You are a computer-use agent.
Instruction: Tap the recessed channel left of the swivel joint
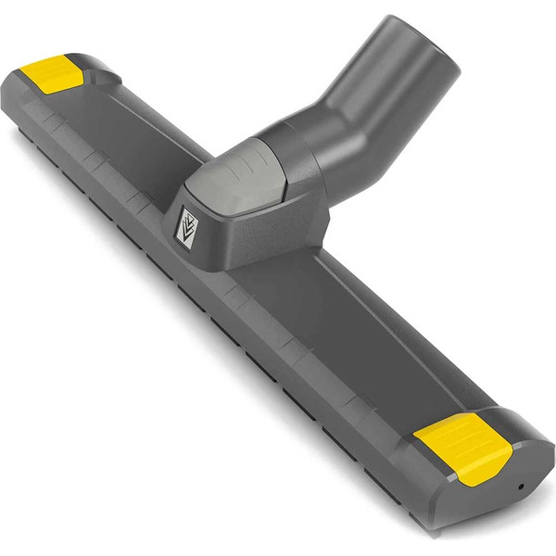coord(139,139)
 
